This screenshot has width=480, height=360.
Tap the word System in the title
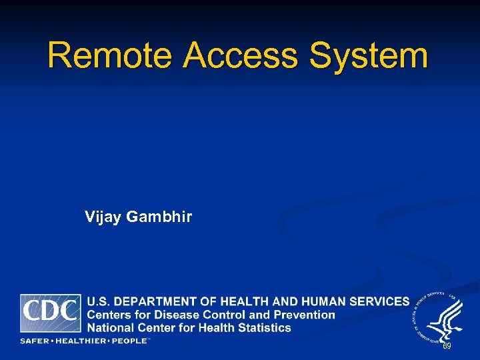click(368, 56)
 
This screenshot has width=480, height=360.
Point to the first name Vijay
click(101, 217)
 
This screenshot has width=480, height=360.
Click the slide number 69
click(447, 347)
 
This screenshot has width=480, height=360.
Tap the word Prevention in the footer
click(305, 315)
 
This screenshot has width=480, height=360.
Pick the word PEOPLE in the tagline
click(129, 341)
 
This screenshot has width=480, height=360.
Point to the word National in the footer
click(111, 327)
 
